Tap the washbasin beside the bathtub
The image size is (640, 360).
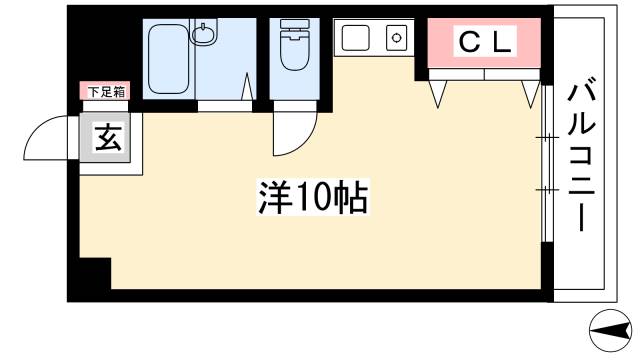[204, 37]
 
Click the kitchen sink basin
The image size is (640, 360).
[355, 39]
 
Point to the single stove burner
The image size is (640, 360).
[395, 40]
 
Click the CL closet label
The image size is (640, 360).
[485, 42]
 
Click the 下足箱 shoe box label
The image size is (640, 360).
[105, 93]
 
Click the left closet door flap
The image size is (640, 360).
[438, 93]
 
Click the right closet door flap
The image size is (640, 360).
[529, 93]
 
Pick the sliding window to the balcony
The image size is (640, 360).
[545, 165]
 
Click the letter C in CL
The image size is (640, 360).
[468, 42]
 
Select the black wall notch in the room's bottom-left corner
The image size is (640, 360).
[91, 271]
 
